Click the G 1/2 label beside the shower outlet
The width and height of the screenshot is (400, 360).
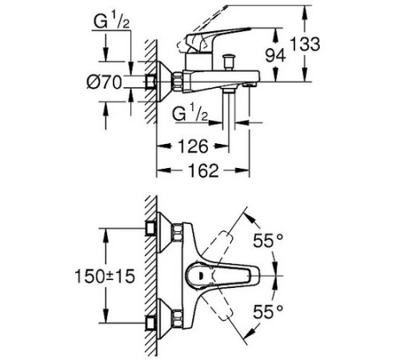pyautogui.click(x=192, y=117)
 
